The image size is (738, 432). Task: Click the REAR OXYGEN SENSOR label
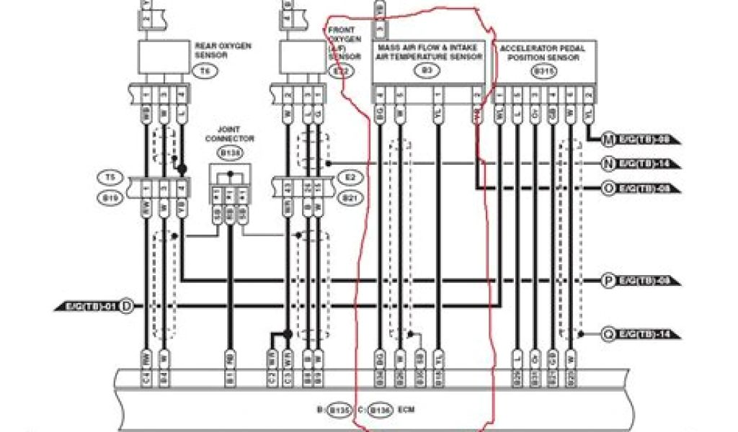223,50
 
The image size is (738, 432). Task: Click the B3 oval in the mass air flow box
427,71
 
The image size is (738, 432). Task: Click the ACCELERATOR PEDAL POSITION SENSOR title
542,53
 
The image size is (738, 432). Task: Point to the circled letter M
608,138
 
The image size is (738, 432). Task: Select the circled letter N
608,163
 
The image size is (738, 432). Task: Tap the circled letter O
608,188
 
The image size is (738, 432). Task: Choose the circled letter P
608,280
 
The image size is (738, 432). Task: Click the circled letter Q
608,333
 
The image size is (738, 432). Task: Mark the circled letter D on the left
126,307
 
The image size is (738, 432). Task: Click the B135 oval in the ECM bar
339,410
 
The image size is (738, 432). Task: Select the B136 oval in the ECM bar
379,410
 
